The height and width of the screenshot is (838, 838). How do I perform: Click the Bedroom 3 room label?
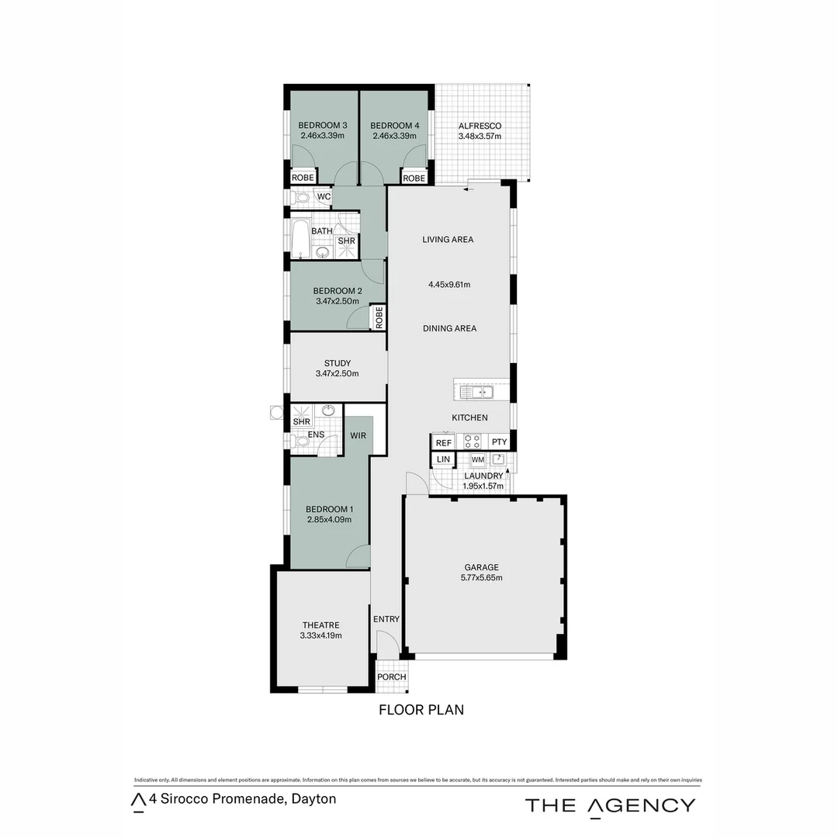click(x=322, y=126)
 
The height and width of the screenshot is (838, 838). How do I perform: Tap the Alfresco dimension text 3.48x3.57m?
click(x=480, y=137)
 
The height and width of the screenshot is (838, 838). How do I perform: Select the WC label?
click(x=324, y=197)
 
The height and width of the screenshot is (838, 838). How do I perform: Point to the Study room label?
click(x=337, y=363)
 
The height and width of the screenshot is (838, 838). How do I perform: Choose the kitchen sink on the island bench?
click(x=476, y=393)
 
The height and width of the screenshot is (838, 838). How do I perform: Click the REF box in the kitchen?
click(x=444, y=442)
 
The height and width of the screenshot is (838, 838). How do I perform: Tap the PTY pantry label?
click(x=499, y=442)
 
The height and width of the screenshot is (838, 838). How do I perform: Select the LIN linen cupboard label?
click(x=443, y=460)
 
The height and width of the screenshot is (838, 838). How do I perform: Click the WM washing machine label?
click(x=478, y=460)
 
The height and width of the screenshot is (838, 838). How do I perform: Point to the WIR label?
click(x=358, y=436)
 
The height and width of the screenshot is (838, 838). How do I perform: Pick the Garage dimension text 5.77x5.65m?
click(x=481, y=578)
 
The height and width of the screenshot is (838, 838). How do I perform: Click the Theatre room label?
click(x=320, y=625)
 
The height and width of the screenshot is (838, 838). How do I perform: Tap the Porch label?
click(x=391, y=677)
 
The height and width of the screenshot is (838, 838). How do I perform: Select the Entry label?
click(x=386, y=619)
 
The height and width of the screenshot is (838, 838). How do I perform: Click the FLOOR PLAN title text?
click(x=421, y=709)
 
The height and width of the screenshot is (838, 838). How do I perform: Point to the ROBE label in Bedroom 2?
click(x=379, y=317)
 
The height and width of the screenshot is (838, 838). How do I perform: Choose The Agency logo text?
click(x=610, y=805)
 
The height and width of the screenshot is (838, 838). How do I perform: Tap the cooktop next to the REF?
click(x=473, y=442)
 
